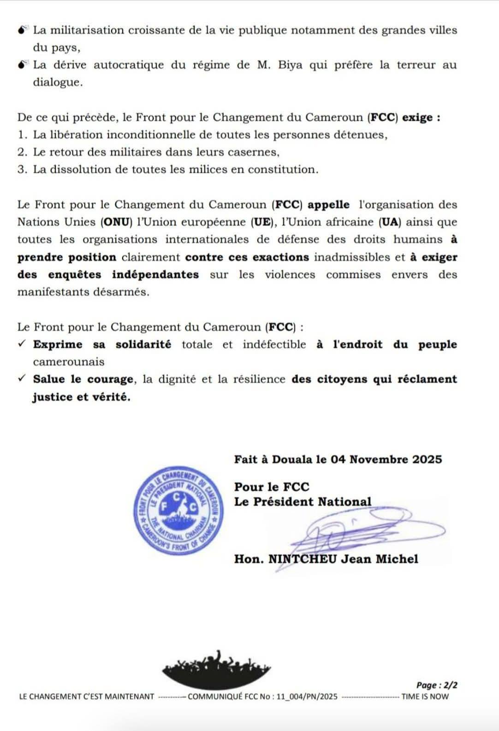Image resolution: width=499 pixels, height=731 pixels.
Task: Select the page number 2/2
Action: click(437, 685)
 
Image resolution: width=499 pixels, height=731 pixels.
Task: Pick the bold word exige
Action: click(418, 118)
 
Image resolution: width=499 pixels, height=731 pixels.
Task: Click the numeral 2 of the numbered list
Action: click(21, 153)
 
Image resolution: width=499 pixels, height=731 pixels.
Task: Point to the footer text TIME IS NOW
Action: click(425, 696)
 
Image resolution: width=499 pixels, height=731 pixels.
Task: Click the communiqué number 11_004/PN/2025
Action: click(307, 696)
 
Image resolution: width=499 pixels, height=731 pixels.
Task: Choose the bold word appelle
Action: click(328, 205)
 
